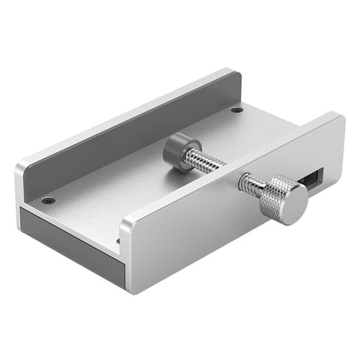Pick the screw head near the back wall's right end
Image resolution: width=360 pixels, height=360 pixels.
235,110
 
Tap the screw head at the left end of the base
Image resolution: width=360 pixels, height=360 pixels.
47,201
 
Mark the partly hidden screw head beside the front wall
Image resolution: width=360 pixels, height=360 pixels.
118,240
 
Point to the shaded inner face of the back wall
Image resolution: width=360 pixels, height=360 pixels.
128,135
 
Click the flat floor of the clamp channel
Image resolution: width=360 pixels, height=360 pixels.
135,196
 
